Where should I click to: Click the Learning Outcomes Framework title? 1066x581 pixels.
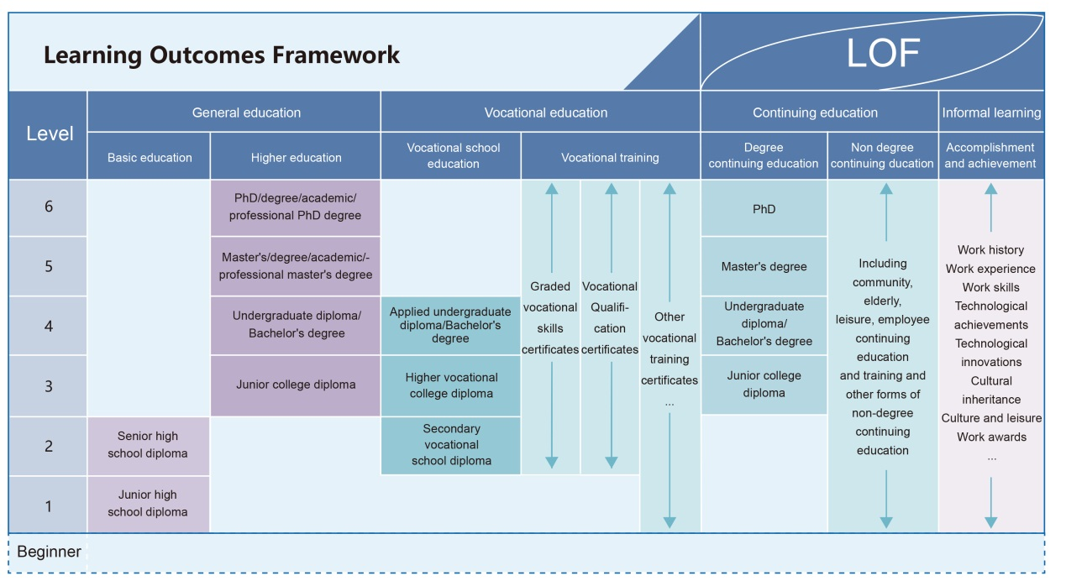(x=222, y=55)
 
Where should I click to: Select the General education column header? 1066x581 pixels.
(x=246, y=113)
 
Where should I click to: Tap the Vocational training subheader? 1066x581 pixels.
(x=610, y=157)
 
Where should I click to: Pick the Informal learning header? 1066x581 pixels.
(x=991, y=113)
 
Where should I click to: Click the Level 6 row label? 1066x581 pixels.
(x=49, y=207)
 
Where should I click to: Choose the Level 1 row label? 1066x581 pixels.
(x=49, y=505)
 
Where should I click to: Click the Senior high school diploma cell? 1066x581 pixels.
(x=148, y=445)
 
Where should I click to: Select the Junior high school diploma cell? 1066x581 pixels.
(x=148, y=504)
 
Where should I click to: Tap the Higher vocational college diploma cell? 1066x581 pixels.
(x=451, y=385)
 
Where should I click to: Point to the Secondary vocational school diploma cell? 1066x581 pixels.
(x=451, y=445)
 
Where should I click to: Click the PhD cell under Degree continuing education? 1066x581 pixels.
(x=764, y=208)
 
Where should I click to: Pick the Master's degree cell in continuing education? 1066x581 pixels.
(x=764, y=267)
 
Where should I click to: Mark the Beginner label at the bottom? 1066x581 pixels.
(x=49, y=552)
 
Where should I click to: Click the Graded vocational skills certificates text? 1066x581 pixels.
(x=550, y=317)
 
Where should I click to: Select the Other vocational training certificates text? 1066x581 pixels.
(x=670, y=348)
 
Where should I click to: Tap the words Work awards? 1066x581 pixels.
(x=991, y=437)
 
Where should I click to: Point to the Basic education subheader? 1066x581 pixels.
(x=150, y=157)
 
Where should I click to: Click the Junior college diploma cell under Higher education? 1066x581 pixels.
(x=296, y=385)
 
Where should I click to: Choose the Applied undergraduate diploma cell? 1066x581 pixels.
(x=451, y=325)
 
